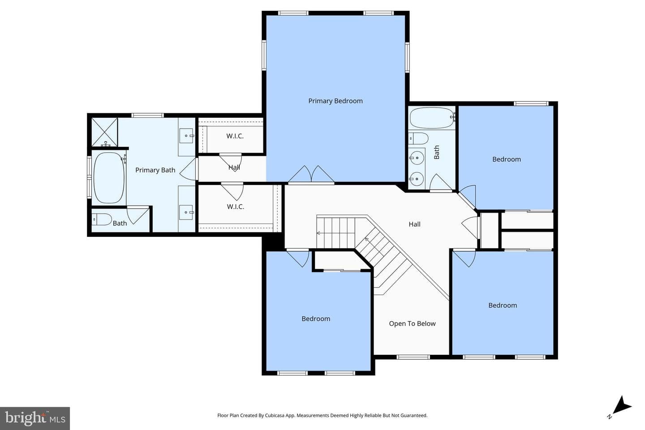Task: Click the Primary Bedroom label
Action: [x=335, y=101]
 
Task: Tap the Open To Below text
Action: [x=412, y=324]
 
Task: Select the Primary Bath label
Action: [x=155, y=170]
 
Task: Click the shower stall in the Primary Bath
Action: [x=104, y=132]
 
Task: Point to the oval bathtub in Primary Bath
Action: [x=109, y=178]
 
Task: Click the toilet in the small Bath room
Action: [x=102, y=219]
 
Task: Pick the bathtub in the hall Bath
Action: [x=432, y=118]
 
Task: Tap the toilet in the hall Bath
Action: [x=418, y=138]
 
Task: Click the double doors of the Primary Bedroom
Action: [x=311, y=175]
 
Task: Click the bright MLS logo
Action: [x=35, y=418]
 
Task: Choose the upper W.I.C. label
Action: [x=235, y=136]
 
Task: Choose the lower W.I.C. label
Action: [x=236, y=206]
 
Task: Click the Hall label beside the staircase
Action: [x=415, y=224]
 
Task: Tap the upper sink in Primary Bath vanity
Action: [x=187, y=136]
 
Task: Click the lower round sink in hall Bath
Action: [x=417, y=179]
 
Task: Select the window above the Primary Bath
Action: [x=148, y=116]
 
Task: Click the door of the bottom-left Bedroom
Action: [x=298, y=258]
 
